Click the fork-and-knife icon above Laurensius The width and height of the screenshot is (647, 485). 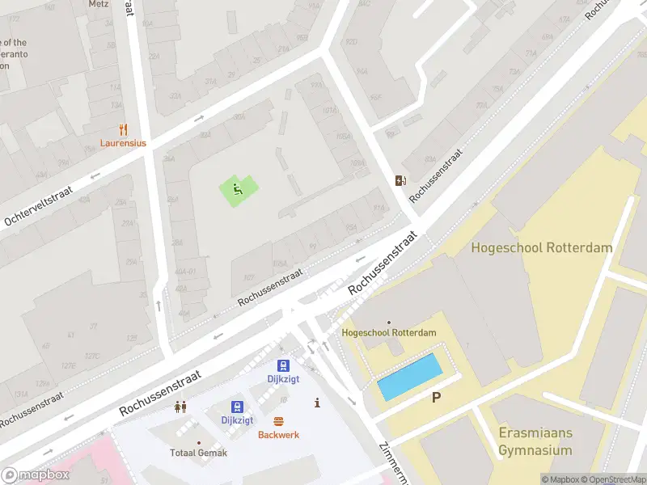[123, 129]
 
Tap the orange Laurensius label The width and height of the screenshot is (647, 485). [123, 143]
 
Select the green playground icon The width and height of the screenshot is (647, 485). [237, 190]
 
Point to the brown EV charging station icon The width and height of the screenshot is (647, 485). [400, 180]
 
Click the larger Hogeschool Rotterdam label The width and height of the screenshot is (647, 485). [542, 248]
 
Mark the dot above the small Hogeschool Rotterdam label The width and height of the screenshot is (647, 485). [389, 323]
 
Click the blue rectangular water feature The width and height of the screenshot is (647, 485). [410, 377]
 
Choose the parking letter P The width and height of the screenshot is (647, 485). [437, 397]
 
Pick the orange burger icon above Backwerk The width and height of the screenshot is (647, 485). [279, 421]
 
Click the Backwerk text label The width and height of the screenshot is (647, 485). [279, 435]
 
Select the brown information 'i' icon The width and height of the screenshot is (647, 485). [317, 403]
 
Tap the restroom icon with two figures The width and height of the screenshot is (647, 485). [180, 407]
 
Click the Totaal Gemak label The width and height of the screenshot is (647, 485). [199, 453]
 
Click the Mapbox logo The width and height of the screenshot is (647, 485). [35, 475]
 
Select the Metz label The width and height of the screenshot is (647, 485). [98, 4]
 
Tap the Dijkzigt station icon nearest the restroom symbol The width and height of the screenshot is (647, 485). [237, 406]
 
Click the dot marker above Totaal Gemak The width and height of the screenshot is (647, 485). [199, 442]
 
